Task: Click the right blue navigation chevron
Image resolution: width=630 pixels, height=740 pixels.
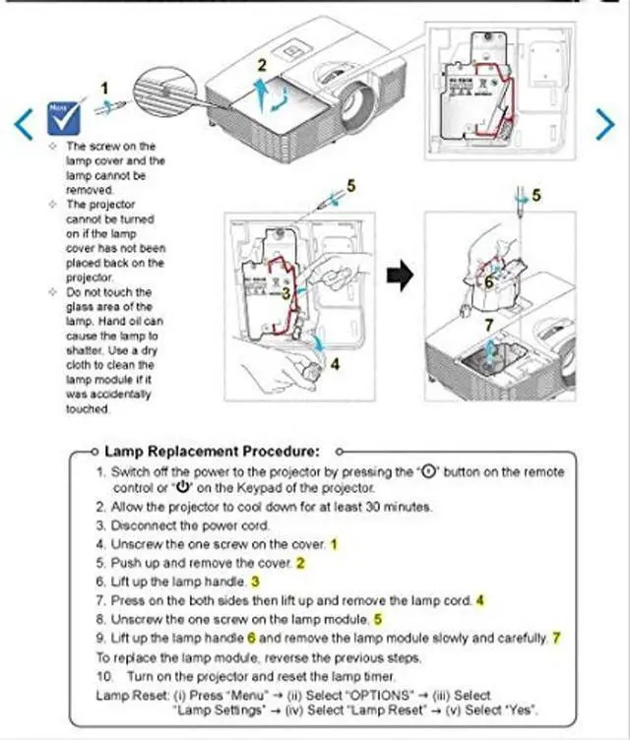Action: click(x=606, y=122)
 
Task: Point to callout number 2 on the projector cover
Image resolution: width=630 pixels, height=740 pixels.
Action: click(x=262, y=65)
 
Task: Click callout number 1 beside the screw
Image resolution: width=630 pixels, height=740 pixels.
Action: click(x=105, y=88)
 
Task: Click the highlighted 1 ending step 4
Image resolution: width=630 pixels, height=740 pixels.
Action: click(x=334, y=543)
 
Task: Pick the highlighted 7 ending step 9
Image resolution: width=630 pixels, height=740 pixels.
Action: click(x=556, y=637)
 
